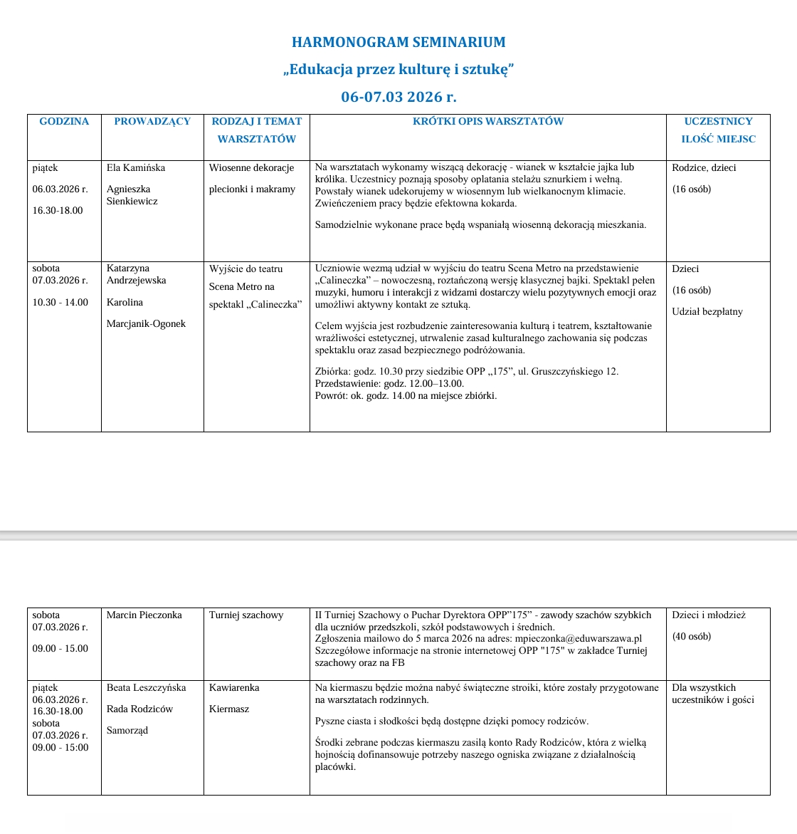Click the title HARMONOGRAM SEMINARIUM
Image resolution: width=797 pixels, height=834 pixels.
pyautogui.click(x=398, y=42)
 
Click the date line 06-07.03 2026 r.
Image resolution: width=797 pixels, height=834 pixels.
pyautogui.click(x=398, y=97)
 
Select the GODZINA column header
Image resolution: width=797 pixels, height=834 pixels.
pyautogui.click(x=64, y=122)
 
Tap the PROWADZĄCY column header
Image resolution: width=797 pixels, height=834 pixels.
pyautogui.click(x=152, y=122)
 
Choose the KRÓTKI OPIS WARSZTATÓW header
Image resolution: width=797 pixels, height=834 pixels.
pyautogui.click(x=487, y=122)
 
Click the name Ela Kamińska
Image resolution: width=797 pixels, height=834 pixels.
pyautogui.click(x=136, y=168)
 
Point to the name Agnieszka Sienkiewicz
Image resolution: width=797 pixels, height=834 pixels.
pyautogui.click(x=132, y=195)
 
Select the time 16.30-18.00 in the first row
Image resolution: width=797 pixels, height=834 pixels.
pyautogui.click(x=58, y=211)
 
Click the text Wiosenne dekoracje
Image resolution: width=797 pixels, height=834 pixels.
pyautogui.click(x=251, y=168)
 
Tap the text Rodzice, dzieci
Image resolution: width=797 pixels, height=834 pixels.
pyautogui.click(x=704, y=168)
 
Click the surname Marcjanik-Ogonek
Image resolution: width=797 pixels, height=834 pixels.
pyautogui.click(x=146, y=324)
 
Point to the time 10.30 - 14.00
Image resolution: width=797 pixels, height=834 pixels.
pyautogui.click(x=60, y=303)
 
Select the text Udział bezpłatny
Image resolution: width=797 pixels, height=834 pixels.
pyautogui.click(x=707, y=312)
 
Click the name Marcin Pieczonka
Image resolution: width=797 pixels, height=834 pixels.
pyautogui.click(x=144, y=615)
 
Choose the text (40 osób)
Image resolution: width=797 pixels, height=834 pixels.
pyautogui.click(x=691, y=637)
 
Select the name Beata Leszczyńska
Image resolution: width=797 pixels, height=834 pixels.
pyautogui.click(x=146, y=688)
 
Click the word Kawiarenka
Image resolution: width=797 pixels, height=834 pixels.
pyautogui.click(x=234, y=688)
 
